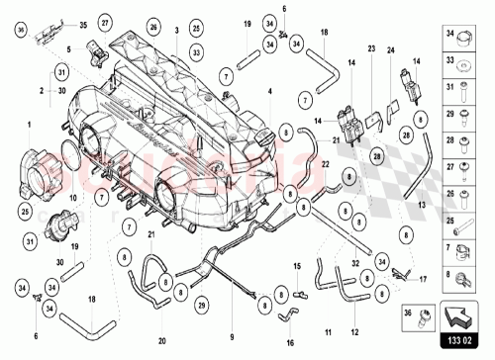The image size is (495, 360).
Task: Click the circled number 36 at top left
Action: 23,30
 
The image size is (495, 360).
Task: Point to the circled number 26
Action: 152,26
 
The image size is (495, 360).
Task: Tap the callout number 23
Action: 370,48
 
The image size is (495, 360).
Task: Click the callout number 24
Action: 390,48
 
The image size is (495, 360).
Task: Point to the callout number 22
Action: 323,176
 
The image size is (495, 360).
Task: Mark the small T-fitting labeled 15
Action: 296,294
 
